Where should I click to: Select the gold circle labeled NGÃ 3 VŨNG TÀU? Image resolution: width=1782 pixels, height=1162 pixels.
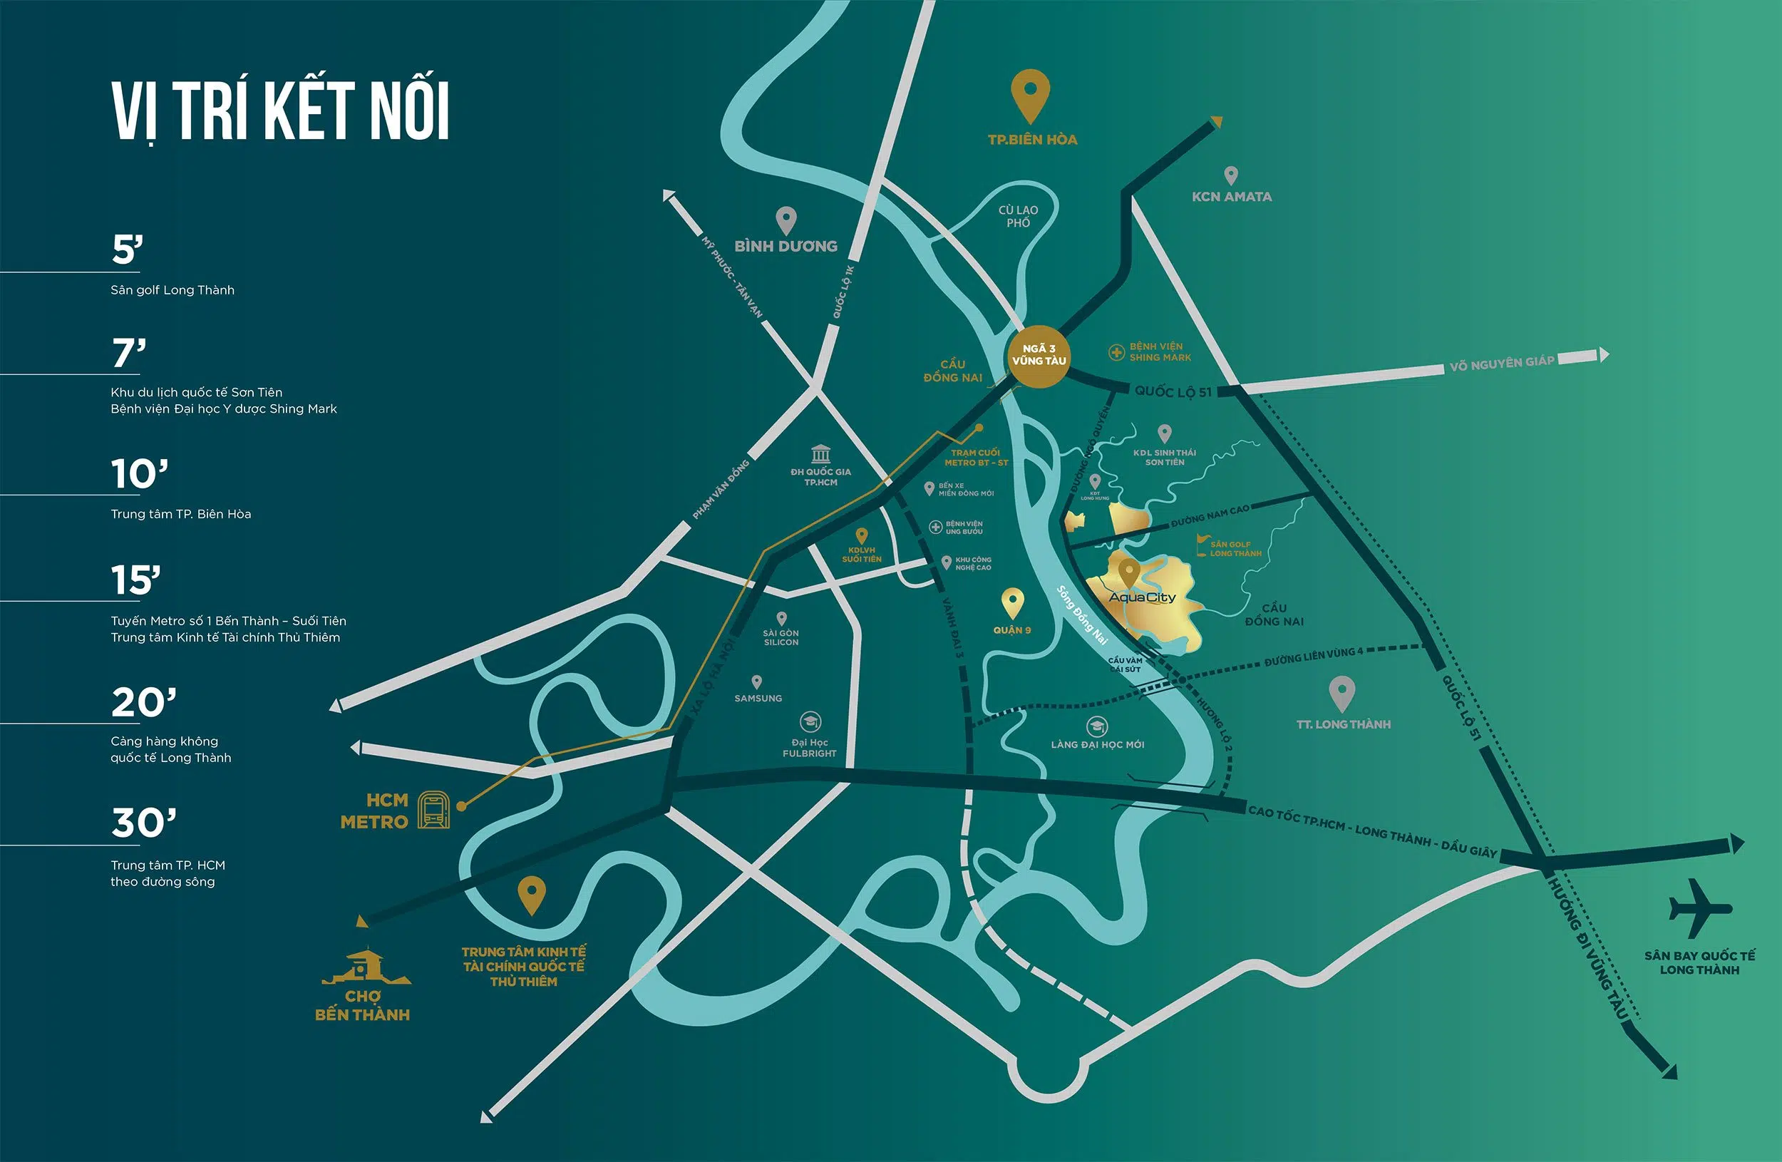coord(1039,356)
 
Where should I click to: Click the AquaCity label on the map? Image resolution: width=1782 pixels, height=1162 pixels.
coord(1142,597)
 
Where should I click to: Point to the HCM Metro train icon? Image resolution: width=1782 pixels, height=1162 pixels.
coord(433,810)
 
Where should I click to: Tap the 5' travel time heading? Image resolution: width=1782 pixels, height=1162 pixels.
coord(128,250)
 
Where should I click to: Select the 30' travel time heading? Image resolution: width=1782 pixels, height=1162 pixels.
coord(144,823)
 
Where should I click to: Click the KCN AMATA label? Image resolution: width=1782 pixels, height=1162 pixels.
coord(1232,197)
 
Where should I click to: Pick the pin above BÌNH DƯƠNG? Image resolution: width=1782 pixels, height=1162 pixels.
coord(786,220)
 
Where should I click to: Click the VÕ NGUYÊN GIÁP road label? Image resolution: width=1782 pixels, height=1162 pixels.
coord(1501,363)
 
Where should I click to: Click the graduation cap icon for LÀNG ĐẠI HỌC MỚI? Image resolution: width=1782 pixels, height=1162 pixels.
coord(1097,726)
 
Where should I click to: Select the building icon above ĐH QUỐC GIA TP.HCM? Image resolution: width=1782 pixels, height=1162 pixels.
coord(820,453)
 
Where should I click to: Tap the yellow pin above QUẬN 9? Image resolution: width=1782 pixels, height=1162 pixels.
coord(1012,602)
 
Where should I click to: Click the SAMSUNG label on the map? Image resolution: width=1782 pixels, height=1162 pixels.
coord(758,699)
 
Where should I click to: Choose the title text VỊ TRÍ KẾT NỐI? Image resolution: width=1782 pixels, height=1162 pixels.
coord(281,110)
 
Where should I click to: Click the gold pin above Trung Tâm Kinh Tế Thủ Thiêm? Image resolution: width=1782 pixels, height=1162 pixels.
coord(531,894)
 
